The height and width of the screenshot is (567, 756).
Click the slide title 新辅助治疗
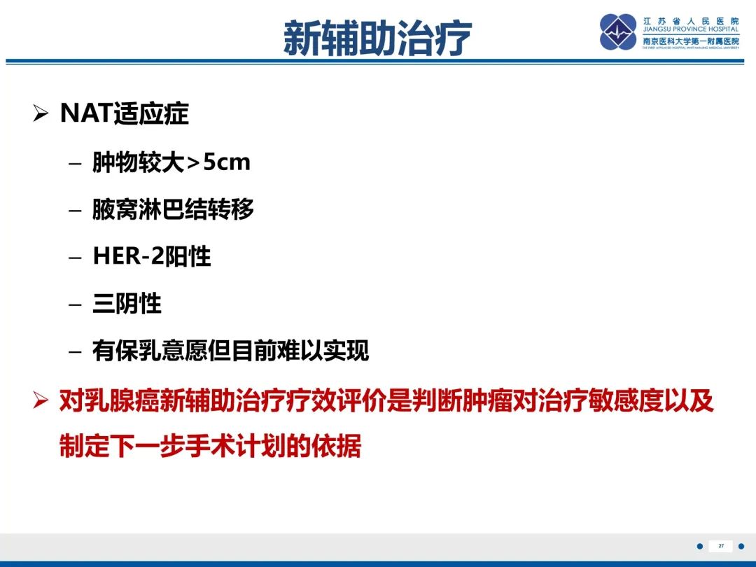click(x=377, y=38)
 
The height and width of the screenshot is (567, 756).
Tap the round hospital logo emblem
click(x=619, y=32)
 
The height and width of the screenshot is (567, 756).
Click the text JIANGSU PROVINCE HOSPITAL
click(x=691, y=30)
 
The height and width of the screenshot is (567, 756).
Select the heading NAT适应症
click(x=125, y=113)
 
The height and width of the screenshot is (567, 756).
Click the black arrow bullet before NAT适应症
click(x=41, y=114)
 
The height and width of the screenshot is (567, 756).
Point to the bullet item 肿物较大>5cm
click(x=171, y=163)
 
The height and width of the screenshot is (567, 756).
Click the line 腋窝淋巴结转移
click(x=173, y=209)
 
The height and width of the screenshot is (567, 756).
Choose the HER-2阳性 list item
click(x=151, y=256)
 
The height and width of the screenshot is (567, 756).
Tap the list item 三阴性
click(x=127, y=303)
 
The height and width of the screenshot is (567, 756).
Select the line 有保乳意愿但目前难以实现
click(x=230, y=350)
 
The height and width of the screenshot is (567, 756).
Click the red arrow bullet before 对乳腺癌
click(x=41, y=402)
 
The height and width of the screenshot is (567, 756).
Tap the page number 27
click(x=720, y=546)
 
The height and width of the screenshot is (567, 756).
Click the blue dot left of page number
click(x=699, y=546)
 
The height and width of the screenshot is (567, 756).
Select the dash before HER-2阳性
click(x=76, y=257)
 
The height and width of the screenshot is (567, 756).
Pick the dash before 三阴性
click(x=76, y=304)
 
